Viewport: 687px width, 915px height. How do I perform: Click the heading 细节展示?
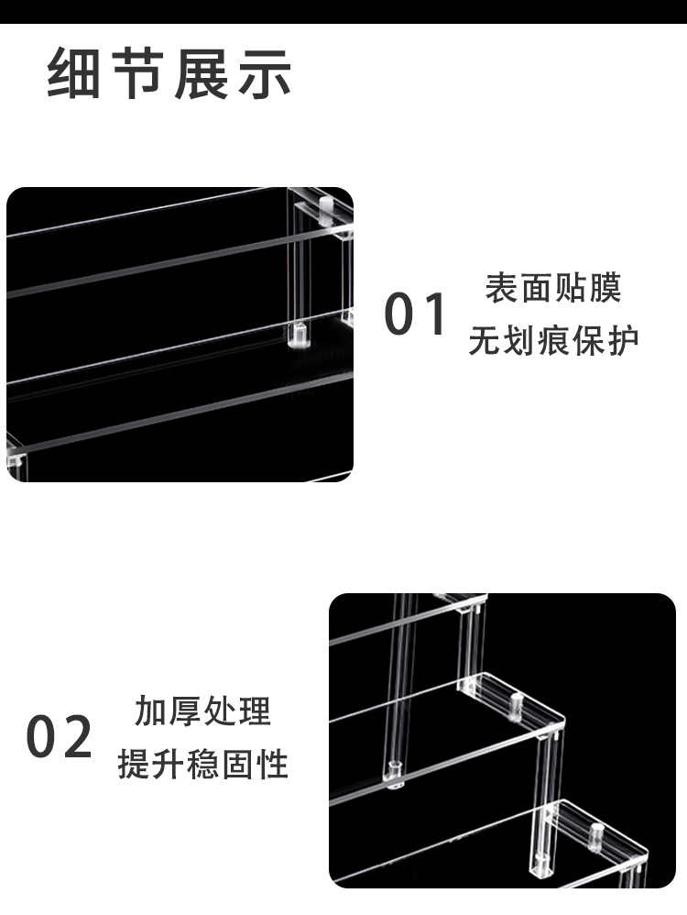(169, 74)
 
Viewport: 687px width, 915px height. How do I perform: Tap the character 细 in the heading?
(75, 74)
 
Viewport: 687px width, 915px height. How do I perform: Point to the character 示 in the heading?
(265, 74)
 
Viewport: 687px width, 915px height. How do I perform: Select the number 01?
(416, 314)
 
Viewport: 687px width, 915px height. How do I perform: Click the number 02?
(60, 737)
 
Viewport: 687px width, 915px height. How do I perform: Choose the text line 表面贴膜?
(553, 289)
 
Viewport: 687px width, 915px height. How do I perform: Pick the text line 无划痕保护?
(553, 342)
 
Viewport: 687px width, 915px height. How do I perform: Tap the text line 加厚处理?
(202, 711)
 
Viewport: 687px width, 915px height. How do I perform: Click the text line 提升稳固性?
(202, 764)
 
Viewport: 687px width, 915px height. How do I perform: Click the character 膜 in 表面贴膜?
(605, 289)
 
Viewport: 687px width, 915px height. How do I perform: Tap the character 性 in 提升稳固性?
(272, 764)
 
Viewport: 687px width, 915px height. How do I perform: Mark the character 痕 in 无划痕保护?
(553, 342)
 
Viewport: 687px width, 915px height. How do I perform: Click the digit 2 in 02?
(77, 737)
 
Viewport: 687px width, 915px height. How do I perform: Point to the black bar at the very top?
(343, 11)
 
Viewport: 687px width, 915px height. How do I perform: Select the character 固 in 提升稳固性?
(237, 764)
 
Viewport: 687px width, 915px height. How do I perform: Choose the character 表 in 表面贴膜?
(501, 289)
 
